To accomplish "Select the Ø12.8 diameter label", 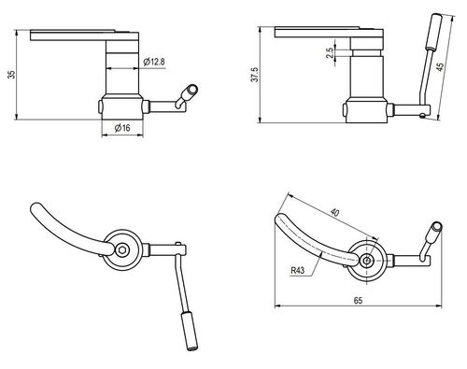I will pos(155,62).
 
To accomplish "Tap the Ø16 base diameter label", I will pos(121,128).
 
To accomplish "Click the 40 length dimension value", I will pos(334,213).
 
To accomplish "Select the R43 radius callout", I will pos(299,272).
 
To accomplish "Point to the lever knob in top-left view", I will pos(191,92).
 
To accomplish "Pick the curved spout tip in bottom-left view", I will pos(35,209).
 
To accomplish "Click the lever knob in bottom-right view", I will pos(434,227).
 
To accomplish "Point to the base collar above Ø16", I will pos(121,106).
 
